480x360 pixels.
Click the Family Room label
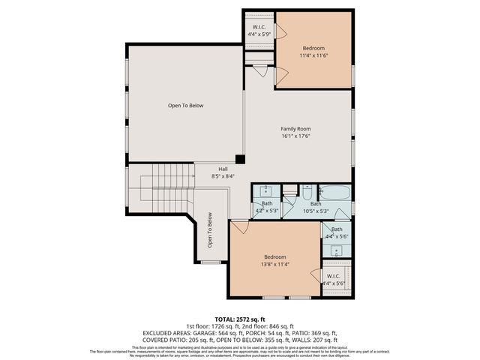[295, 128]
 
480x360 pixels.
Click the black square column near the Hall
[239, 158]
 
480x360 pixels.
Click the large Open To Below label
[185, 106]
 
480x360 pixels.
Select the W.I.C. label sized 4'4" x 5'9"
[259, 32]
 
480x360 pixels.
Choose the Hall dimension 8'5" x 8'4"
[223, 176]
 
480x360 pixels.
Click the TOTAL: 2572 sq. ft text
[240, 319]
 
